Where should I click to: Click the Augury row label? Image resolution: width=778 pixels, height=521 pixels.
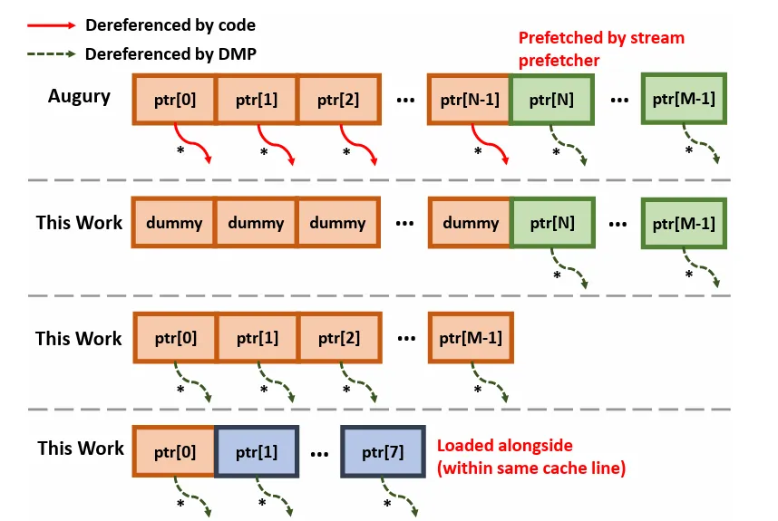(x=79, y=96)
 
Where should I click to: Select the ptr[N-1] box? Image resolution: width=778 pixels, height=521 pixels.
(x=471, y=99)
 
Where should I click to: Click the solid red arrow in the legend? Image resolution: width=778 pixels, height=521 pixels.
(x=46, y=25)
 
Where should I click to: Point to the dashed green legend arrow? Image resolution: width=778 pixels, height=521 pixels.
(x=46, y=54)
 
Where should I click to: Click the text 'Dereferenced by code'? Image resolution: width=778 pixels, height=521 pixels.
(x=170, y=25)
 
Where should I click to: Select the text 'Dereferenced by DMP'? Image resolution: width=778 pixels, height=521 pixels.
(x=170, y=54)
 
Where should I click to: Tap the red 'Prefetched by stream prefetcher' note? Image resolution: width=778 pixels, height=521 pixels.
(x=600, y=47)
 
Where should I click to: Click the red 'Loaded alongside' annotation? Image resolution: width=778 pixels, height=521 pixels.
(x=530, y=458)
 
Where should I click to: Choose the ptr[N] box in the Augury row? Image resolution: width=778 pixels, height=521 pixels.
(x=551, y=99)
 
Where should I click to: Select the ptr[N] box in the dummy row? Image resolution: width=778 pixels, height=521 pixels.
(x=551, y=223)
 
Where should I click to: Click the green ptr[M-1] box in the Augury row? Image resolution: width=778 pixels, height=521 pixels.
(x=683, y=99)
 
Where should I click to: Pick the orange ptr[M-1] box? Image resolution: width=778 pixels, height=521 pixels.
(x=471, y=338)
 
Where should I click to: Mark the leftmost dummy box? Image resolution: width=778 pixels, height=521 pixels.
(x=174, y=223)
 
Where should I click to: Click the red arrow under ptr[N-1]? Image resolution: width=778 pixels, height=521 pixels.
(x=490, y=146)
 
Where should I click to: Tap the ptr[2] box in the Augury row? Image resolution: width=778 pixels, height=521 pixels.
(x=338, y=99)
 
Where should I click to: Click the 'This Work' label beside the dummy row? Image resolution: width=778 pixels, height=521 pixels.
(x=79, y=223)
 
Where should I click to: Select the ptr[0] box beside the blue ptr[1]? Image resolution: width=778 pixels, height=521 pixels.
(x=174, y=450)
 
